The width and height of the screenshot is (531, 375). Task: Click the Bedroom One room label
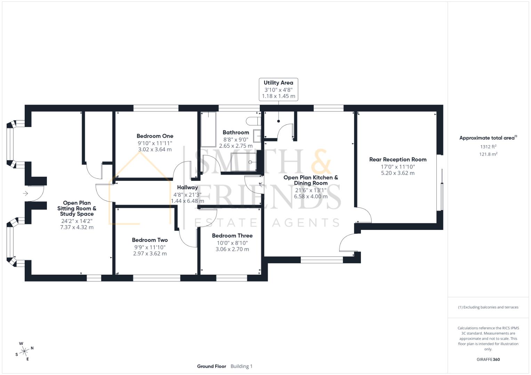[155, 136]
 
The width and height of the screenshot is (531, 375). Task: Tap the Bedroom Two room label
[150, 240]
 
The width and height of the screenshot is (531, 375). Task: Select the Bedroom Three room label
[232, 235]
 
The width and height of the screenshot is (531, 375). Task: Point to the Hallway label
[187, 187]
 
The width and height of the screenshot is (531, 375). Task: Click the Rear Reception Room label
[398, 160]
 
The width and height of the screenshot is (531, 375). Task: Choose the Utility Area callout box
[278, 89]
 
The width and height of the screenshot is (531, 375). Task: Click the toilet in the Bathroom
[253, 121]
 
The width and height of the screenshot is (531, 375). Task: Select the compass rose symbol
[24, 351]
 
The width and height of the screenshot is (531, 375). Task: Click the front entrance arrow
[26, 193]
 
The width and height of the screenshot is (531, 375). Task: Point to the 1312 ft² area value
[488, 147]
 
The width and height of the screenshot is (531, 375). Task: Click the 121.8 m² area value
[488, 154]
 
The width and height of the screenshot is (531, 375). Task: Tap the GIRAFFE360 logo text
[488, 359]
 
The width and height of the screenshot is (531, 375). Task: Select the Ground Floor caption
[211, 366]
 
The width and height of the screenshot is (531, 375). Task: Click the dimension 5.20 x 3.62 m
[398, 173]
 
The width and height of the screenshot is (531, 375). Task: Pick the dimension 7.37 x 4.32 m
[77, 227]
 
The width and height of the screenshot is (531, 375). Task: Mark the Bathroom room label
[236, 132]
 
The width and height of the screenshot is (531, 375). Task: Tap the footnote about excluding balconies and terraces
[488, 307]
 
